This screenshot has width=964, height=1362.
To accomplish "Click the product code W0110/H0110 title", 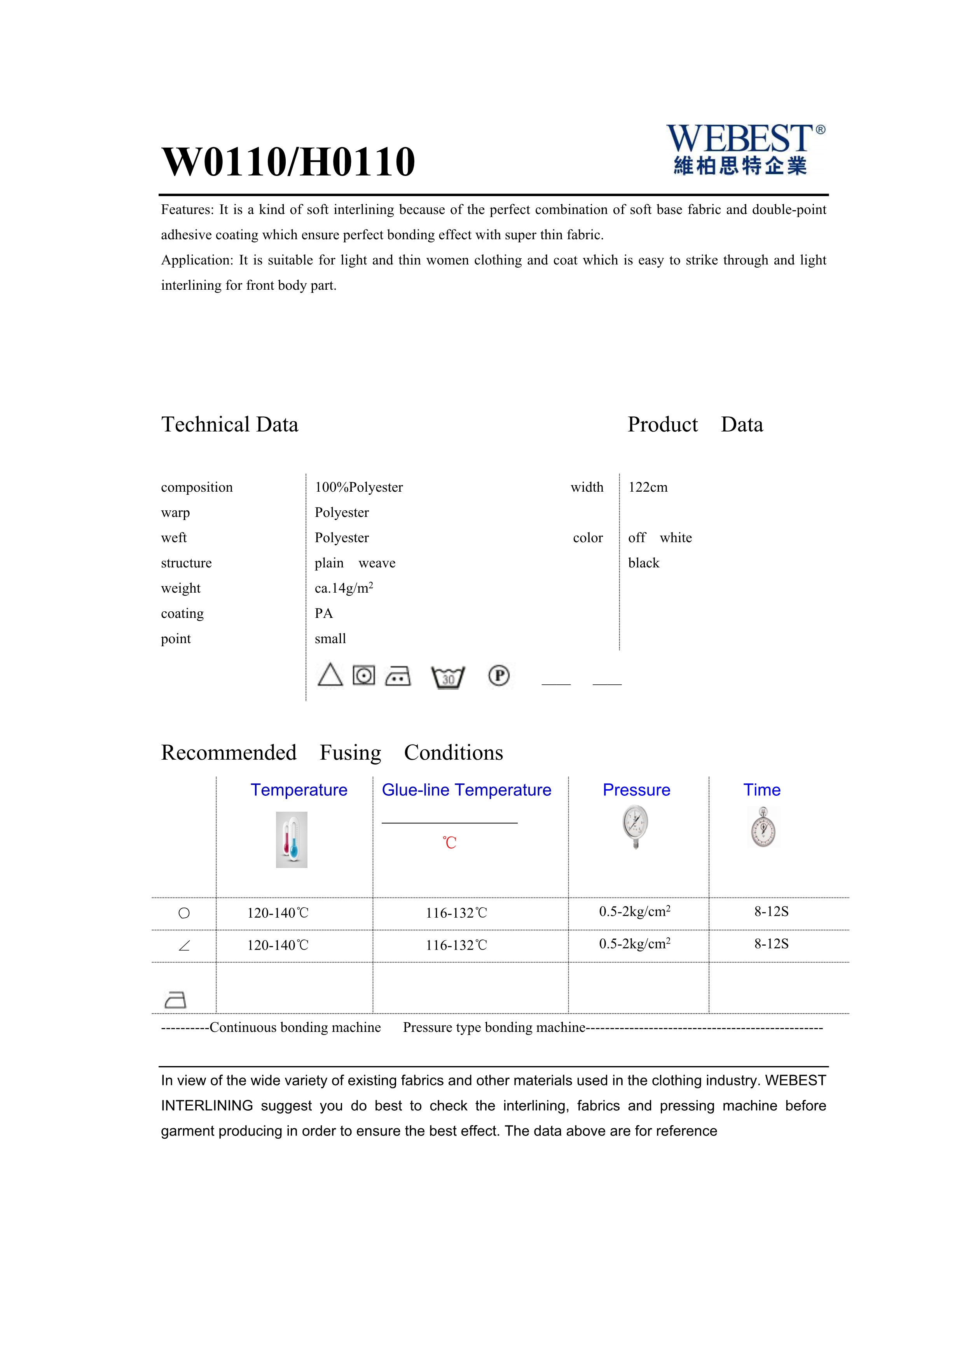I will [288, 162].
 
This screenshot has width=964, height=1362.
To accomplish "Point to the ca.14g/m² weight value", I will [344, 588].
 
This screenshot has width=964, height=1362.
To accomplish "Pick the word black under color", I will [643, 563].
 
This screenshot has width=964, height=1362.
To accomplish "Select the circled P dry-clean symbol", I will [499, 676].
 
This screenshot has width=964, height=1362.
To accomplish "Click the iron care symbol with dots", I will [398, 676].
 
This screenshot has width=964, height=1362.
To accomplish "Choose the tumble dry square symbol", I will [364, 676].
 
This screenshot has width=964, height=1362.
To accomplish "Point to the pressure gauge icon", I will [636, 826].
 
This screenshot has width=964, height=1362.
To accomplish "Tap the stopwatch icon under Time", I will [763, 828].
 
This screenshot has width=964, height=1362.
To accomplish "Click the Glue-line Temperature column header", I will [466, 790].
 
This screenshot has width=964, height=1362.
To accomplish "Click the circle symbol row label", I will [184, 913].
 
